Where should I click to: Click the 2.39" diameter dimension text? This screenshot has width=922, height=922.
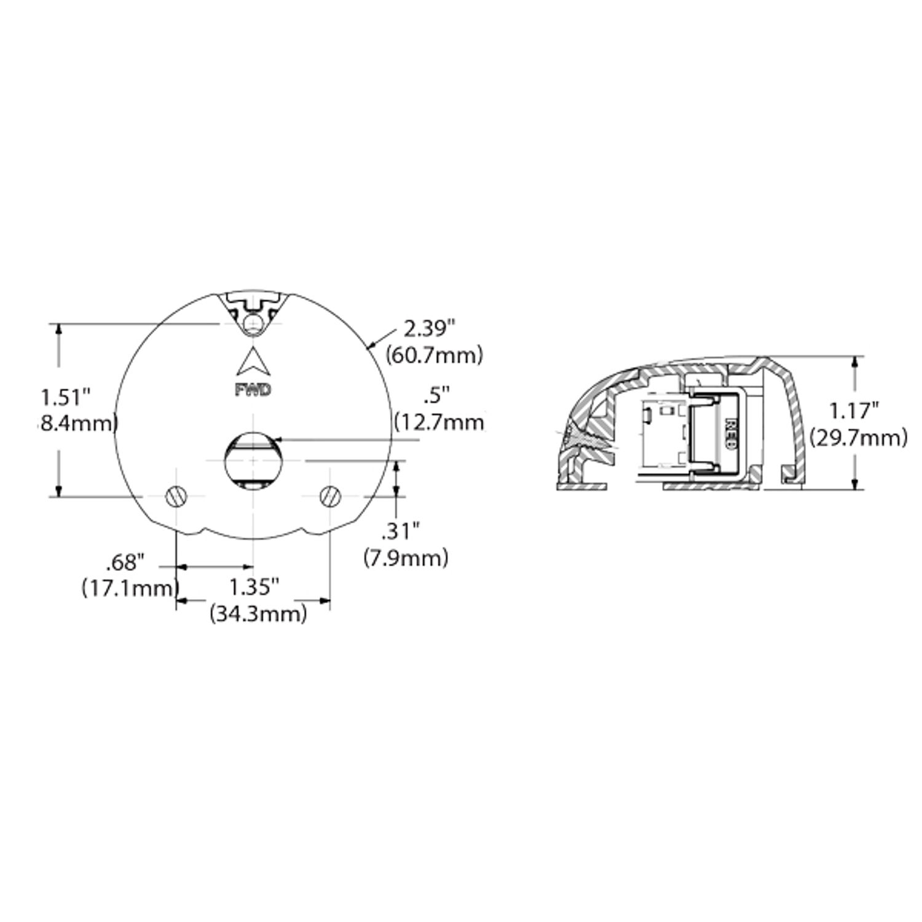pyautogui.click(x=428, y=329)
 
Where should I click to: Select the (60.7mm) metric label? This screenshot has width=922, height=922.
pyautogui.click(x=433, y=355)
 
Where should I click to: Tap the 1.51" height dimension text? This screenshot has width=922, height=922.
pyautogui.click(x=66, y=397)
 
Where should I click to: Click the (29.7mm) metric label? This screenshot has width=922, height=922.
pyautogui.click(x=858, y=438)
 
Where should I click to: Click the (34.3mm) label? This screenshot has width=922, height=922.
pyautogui.click(x=258, y=613)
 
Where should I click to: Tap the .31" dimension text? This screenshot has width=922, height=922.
pyautogui.click(x=400, y=530)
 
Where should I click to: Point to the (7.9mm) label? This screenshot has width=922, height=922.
pyautogui.click(x=406, y=558)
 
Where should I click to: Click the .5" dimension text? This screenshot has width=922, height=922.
pyautogui.click(x=437, y=395)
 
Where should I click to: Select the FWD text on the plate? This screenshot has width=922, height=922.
pyautogui.click(x=253, y=390)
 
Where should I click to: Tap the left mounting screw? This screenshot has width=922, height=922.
pyautogui.click(x=176, y=495)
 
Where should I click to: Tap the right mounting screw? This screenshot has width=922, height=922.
pyautogui.click(x=330, y=495)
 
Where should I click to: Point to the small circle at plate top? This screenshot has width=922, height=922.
pyautogui.click(x=252, y=323)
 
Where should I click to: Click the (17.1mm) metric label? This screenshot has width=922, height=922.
pyautogui.click(x=130, y=588)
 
